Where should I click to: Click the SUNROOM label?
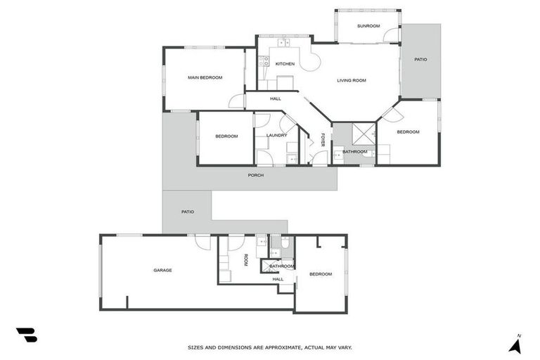[x=368, y=26]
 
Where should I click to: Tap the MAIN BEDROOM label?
[x=205, y=77]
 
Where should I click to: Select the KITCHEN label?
[x=285, y=64]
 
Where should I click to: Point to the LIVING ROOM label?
[x=352, y=81]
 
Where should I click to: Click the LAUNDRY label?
[x=276, y=135]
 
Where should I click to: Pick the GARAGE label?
[x=162, y=270]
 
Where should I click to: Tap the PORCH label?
[x=256, y=175]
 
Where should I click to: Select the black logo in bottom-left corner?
[x=27, y=335]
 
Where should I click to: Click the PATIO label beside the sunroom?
[x=420, y=59]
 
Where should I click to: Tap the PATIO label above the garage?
[x=187, y=212]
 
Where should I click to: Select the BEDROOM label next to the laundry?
[x=226, y=136]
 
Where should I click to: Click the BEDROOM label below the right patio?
[x=408, y=132]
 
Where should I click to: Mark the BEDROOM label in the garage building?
[x=320, y=274]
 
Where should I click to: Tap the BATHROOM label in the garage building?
[x=281, y=266]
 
